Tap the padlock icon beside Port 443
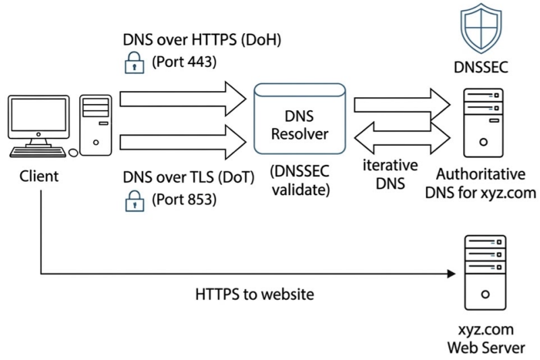click(x=132, y=65)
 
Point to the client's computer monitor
click(x=38, y=119)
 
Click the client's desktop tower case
click(x=95, y=126)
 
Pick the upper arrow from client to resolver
click(x=183, y=99)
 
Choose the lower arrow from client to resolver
click(x=183, y=141)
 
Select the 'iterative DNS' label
click(x=392, y=174)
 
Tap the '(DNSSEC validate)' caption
click(x=300, y=180)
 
